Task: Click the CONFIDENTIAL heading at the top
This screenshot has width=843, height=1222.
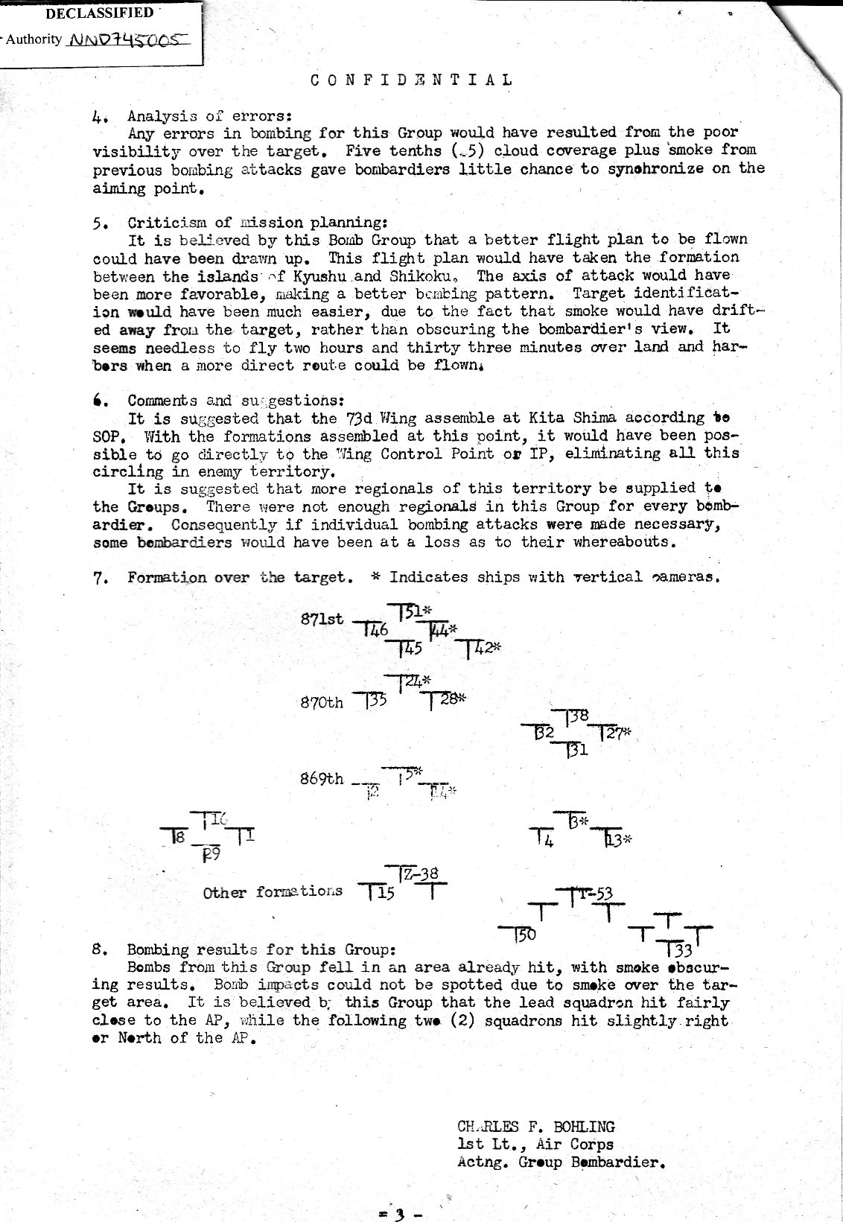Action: pos(412,80)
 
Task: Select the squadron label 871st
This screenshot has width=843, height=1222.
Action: pos(322,619)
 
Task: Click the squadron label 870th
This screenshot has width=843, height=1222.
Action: pos(322,701)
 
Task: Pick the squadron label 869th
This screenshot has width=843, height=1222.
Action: pos(322,779)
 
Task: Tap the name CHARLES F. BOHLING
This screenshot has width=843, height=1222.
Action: pos(536,1127)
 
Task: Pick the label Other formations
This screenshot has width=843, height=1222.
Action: pos(273,891)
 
